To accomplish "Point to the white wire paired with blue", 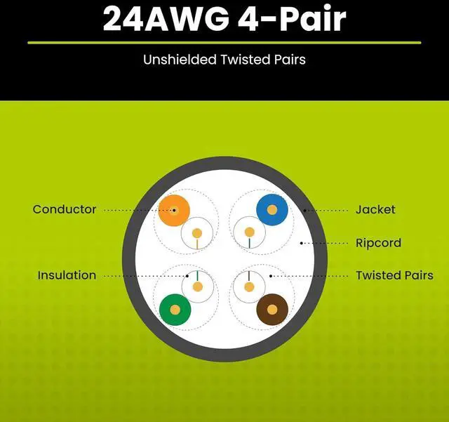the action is point(248,232).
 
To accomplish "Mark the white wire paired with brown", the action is point(248,286).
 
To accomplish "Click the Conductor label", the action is point(64,209).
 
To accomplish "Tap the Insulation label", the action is point(67,275).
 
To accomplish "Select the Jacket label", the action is point(375,209).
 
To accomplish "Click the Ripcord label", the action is point(378,243).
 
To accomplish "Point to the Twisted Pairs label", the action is point(394,275).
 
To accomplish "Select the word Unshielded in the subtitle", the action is point(178,60).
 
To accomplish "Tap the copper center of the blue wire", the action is point(272,209).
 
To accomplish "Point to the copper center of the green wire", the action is point(175,308).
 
